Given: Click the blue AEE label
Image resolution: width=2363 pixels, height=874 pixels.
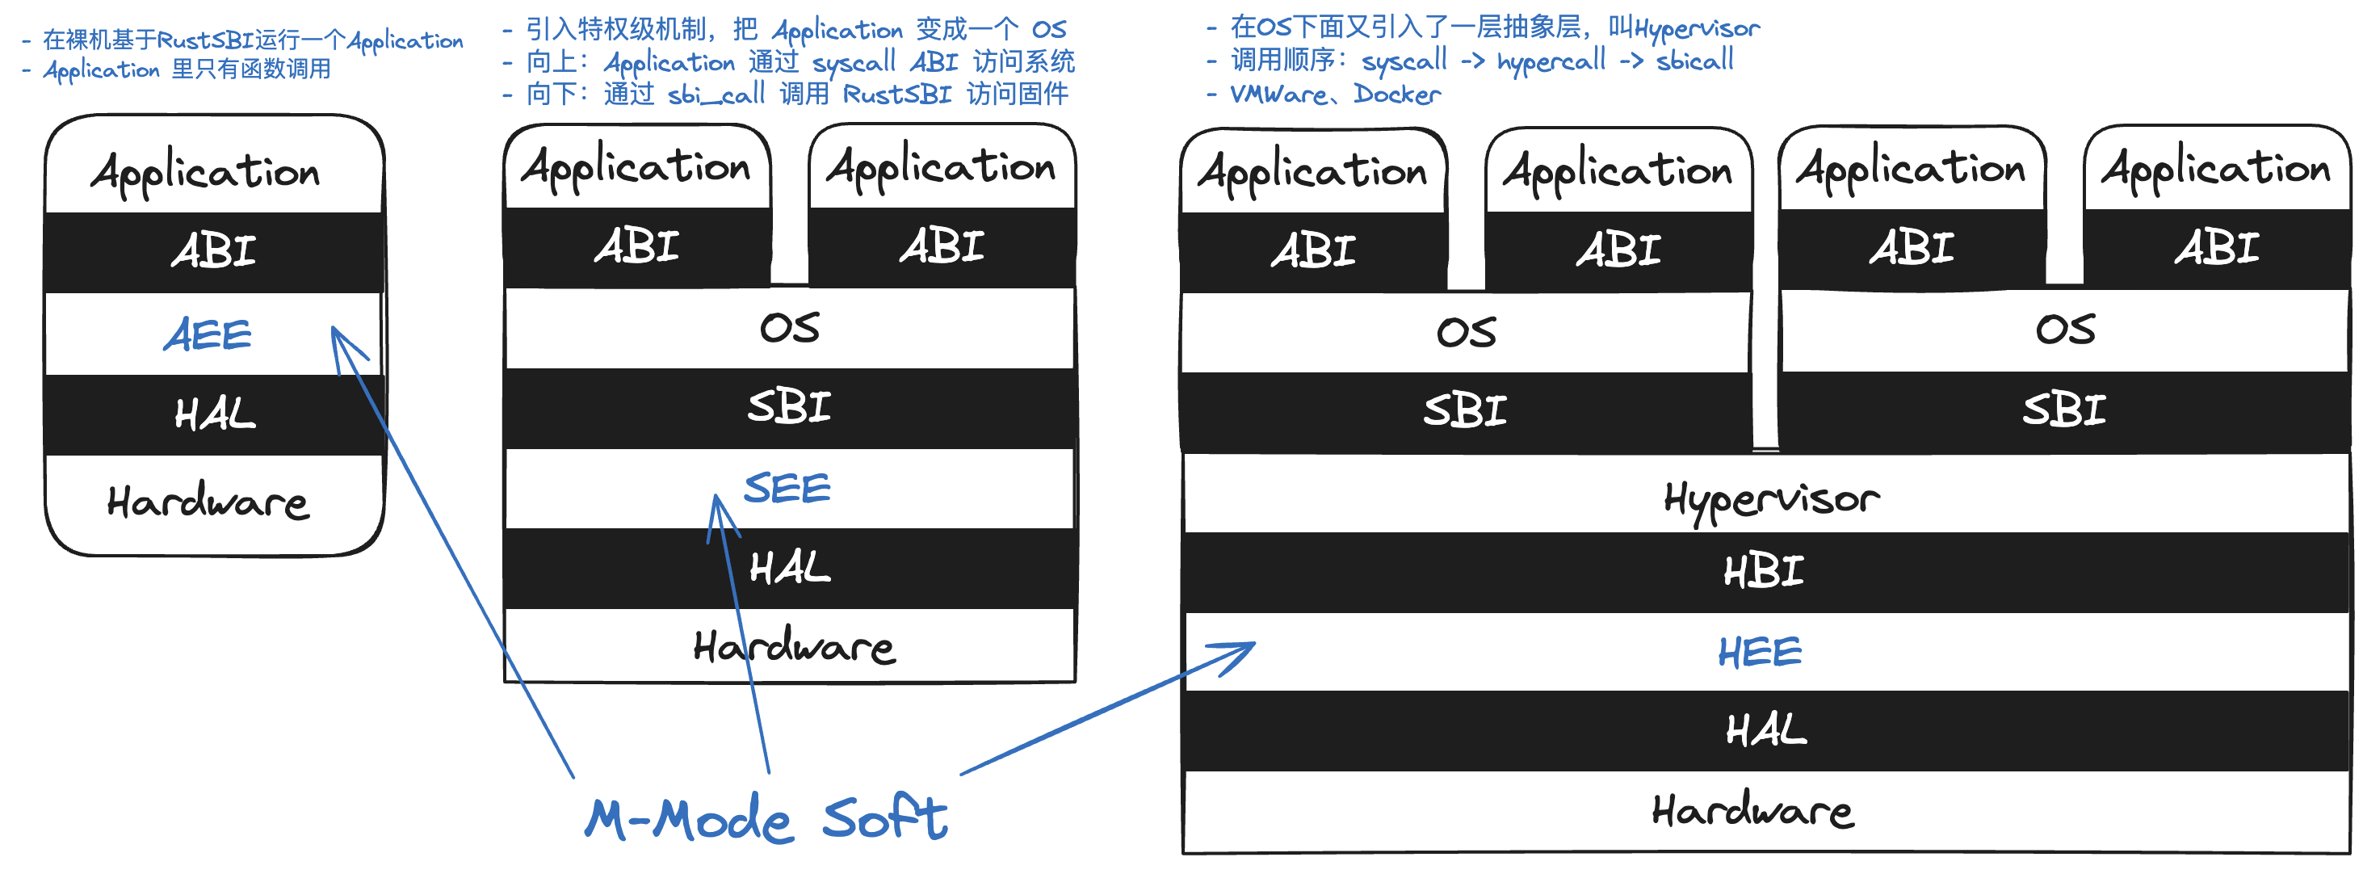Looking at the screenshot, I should pyautogui.click(x=208, y=334).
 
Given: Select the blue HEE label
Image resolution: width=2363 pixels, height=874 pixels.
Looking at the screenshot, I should pyautogui.click(x=1760, y=652).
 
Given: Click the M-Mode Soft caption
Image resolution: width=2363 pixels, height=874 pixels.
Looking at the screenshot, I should pyautogui.click(x=766, y=818).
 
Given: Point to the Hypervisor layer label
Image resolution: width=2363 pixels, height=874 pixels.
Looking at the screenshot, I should pyautogui.click(x=1770, y=500).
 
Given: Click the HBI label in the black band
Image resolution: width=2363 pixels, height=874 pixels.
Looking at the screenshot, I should pyautogui.click(x=1763, y=571).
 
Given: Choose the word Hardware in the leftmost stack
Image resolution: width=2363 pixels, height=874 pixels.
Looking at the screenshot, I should pyautogui.click(x=208, y=502).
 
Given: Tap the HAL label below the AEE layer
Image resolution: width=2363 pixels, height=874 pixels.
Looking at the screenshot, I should pyautogui.click(x=215, y=414).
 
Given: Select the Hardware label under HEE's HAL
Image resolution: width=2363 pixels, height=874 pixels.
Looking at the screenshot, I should pyautogui.click(x=1752, y=811).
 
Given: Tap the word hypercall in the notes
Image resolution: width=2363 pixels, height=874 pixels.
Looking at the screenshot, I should pyautogui.click(x=1551, y=61).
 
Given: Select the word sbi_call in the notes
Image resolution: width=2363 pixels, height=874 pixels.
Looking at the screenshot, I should pyautogui.click(x=716, y=95).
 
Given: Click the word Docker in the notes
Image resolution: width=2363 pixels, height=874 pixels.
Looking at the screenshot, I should pyautogui.click(x=1396, y=95).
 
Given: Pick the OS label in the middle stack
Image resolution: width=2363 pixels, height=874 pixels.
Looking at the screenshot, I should pyautogui.click(x=789, y=327).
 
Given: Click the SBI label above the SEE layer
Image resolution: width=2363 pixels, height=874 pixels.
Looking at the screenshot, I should pyautogui.click(x=789, y=406).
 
